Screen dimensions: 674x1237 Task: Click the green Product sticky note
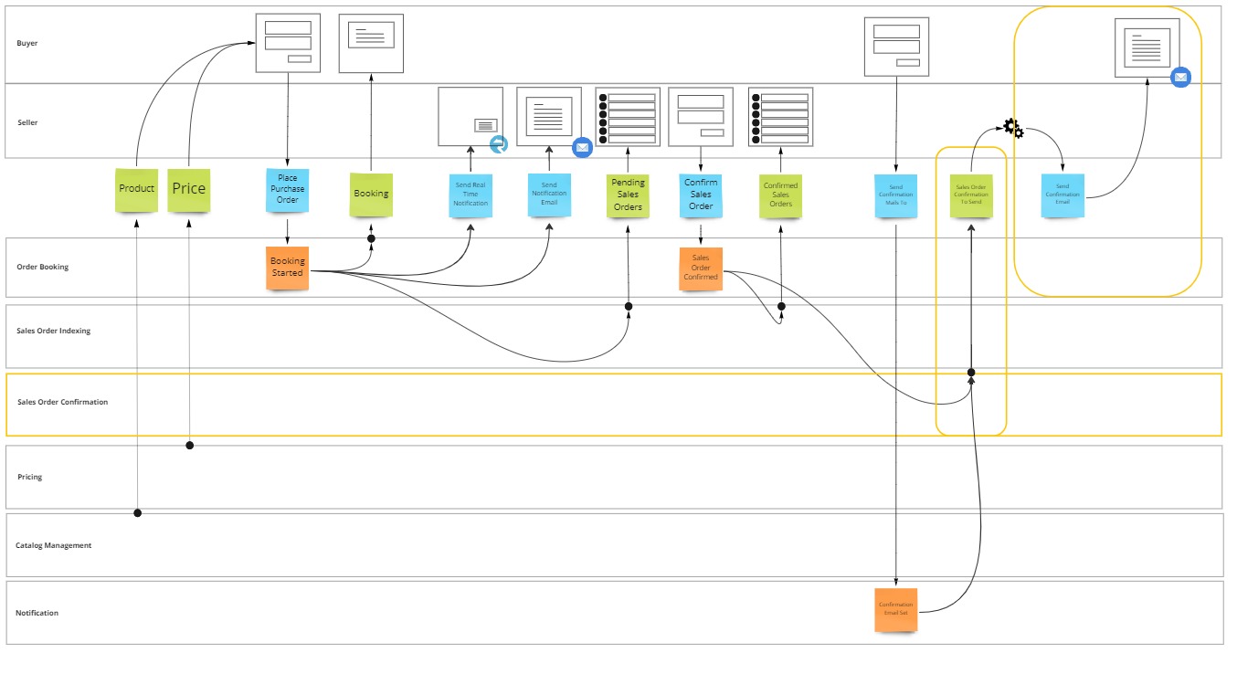[x=136, y=190]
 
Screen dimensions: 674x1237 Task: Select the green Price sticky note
[x=189, y=190]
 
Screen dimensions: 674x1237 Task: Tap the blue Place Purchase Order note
[x=288, y=190]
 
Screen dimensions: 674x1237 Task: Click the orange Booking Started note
[x=288, y=268]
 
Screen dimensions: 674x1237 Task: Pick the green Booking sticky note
[x=371, y=195]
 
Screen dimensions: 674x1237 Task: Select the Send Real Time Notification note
[x=470, y=195]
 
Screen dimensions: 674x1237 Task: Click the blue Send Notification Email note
[x=549, y=195]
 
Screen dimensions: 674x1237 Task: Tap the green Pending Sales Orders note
[x=628, y=195]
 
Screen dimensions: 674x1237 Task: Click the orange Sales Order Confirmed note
[x=701, y=269]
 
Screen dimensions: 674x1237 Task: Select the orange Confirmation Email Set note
[x=895, y=610]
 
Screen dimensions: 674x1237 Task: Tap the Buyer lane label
[x=27, y=43]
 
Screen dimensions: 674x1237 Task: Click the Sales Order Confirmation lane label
[x=62, y=402]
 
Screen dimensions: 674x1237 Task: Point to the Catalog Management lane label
[x=54, y=545]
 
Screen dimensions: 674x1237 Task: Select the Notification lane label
[x=37, y=613]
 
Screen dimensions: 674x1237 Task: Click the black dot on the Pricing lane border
[x=190, y=446]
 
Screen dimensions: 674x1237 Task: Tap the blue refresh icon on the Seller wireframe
[x=499, y=144]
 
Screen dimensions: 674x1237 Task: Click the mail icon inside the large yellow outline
[x=1180, y=78]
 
